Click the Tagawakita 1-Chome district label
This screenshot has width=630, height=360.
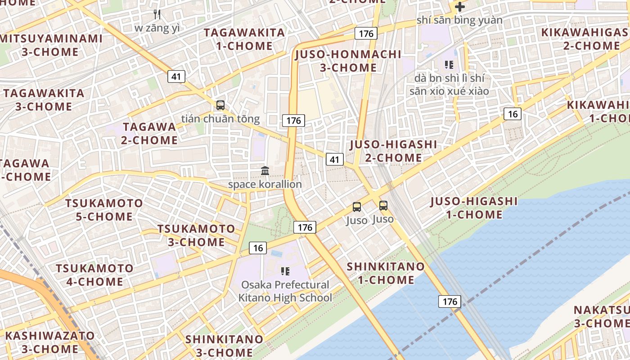click(244, 39)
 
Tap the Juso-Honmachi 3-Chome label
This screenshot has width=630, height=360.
click(348, 61)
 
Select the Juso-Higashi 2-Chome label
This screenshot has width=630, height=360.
click(393, 151)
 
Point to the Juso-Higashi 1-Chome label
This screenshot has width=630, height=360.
click(474, 207)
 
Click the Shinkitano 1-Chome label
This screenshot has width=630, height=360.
click(386, 273)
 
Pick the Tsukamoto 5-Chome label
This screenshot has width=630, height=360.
click(104, 210)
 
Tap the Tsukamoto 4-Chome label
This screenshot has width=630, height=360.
click(94, 275)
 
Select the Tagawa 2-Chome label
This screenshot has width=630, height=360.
click(149, 133)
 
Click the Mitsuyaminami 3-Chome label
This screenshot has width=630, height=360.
click(50, 45)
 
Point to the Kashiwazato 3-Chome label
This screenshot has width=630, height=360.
click(49, 342)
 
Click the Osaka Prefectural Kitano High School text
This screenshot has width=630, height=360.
click(285, 291)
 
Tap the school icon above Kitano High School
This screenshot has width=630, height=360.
click(285, 271)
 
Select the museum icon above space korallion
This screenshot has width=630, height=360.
click(265, 171)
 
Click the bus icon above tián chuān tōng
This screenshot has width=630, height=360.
click(220, 105)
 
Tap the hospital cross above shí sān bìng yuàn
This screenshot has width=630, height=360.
click(459, 7)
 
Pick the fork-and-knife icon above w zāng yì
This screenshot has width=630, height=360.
click(157, 14)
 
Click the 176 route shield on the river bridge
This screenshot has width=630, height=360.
click(450, 301)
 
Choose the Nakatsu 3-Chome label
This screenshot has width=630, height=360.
click(602, 317)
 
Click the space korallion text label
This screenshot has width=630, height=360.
click(265, 184)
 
